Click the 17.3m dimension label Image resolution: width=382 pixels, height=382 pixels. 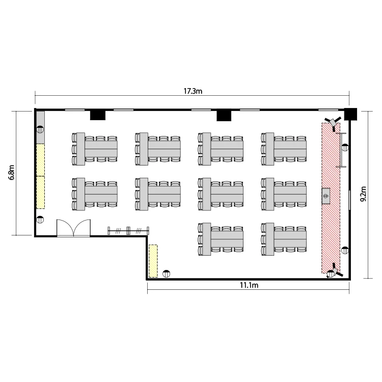193,91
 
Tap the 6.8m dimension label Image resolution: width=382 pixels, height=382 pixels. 11,172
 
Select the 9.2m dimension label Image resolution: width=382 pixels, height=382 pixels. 363,194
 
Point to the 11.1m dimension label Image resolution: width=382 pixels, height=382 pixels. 249,285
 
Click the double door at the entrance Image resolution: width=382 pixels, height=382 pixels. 73,228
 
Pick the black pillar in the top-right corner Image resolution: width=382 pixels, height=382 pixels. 350,114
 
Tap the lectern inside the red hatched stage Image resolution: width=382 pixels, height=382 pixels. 326,196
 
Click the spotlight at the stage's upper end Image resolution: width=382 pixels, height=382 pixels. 333,122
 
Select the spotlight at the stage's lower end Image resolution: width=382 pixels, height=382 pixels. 334,271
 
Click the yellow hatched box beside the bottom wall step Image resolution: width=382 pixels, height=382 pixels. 153,261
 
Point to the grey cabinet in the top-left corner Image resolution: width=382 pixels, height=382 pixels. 40,127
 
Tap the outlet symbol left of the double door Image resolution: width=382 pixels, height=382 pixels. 40,220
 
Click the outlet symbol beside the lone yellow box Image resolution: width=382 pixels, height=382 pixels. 167,274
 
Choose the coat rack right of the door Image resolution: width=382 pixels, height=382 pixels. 128,230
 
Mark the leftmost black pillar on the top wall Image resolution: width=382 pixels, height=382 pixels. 98,115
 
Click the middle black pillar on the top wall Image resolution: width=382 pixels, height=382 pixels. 224,116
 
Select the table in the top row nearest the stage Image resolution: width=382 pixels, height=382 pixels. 284,149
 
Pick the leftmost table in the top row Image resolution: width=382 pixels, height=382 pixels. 95,149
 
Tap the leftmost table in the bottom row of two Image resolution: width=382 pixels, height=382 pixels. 221,239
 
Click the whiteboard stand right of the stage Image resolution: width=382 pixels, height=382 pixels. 341,150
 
